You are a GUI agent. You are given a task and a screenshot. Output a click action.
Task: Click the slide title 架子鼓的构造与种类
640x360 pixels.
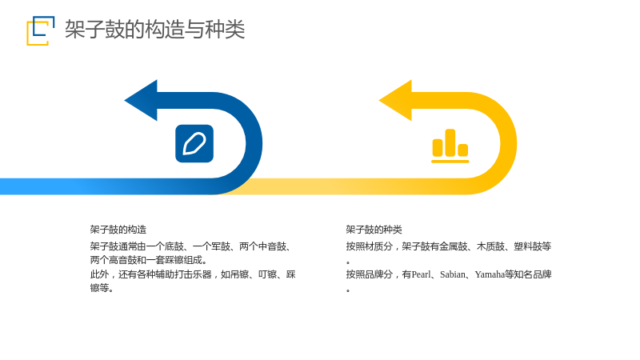[x=154, y=30]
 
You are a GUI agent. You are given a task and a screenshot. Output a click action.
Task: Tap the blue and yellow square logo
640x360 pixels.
[x=41, y=30]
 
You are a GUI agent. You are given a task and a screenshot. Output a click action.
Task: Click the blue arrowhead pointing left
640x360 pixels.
[x=141, y=101]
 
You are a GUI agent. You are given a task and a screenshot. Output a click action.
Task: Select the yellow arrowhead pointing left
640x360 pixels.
[x=395, y=101]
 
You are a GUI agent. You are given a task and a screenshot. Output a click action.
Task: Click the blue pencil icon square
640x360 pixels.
[x=194, y=144]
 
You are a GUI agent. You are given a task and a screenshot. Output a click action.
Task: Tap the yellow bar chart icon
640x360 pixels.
[x=450, y=146]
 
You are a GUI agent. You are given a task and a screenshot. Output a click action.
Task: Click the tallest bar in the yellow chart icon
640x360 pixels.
[x=450, y=142]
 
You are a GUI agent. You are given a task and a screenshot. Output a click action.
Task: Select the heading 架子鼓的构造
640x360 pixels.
[x=118, y=230]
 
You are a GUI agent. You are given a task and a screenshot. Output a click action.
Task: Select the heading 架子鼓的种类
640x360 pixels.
[x=374, y=230]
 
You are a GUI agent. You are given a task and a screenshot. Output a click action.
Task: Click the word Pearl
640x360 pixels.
[x=422, y=274]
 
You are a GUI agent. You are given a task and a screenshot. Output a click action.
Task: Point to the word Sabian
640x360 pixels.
[x=453, y=274]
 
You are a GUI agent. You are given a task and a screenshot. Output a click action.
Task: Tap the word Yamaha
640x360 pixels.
[x=490, y=274]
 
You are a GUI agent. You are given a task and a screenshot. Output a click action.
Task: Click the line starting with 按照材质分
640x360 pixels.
[x=449, y=246]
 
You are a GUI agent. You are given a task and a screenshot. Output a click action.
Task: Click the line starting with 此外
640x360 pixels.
[x=193, y=274]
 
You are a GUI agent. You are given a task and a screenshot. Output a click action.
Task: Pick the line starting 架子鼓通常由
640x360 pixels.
[x=191, y=246]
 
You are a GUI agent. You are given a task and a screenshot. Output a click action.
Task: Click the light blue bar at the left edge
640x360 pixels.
[x=41, y=186]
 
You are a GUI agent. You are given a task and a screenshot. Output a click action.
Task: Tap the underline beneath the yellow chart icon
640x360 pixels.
[x=450, y=162]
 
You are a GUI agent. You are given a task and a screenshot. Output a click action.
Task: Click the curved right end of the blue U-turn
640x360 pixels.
[x=254, y=143]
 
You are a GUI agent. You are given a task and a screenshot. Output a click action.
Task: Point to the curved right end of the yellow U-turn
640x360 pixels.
[x=509, y=143]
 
